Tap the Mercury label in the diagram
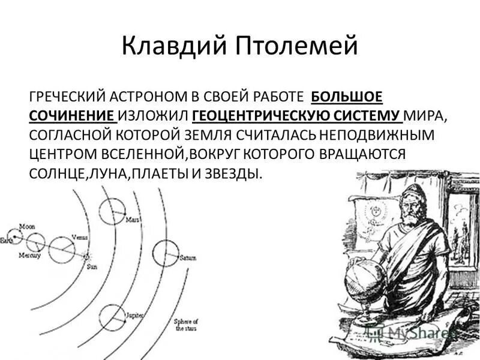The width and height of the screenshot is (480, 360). click(x=29, y=256)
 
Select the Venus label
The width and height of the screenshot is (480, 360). click(x=79, y=236)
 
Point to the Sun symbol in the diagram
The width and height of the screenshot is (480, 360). click(x=87, y=256)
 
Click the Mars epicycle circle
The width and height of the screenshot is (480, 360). click(x=112, y=211)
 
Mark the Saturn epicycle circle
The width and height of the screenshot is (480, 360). click(x=166, y=253)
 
